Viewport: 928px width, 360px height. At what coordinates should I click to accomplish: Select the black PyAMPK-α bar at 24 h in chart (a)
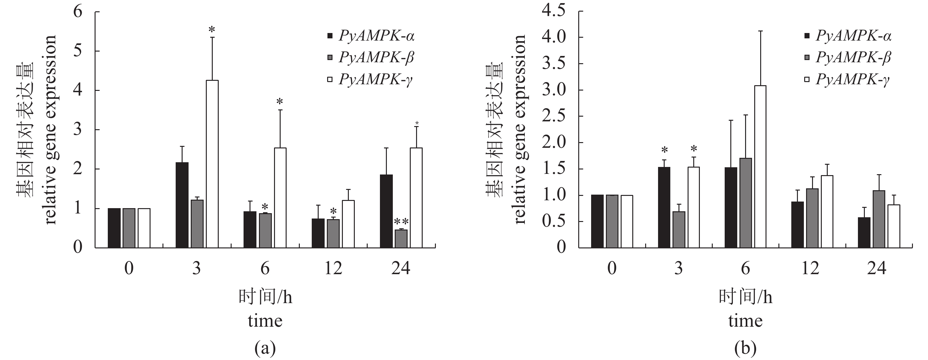386,211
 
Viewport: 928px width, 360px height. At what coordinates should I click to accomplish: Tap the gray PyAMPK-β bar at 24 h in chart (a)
401,239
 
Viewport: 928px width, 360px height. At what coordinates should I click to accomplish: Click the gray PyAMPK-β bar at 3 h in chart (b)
679,230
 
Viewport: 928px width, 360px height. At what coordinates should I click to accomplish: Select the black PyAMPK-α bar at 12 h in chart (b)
797,224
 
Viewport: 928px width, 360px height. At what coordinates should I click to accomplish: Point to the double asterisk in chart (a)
401,221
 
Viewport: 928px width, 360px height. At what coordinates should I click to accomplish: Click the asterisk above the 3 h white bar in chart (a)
212,30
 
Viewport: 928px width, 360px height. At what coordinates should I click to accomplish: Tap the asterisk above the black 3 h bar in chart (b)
664,150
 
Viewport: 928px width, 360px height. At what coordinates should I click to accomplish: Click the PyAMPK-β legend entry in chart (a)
376,58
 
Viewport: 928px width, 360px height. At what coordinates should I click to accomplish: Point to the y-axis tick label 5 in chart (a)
78,51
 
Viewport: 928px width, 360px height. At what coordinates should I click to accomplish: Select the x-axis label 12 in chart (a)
333,269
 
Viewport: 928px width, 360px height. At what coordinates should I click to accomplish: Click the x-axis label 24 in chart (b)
876,269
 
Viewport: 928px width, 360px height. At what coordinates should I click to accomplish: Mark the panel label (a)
265,348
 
